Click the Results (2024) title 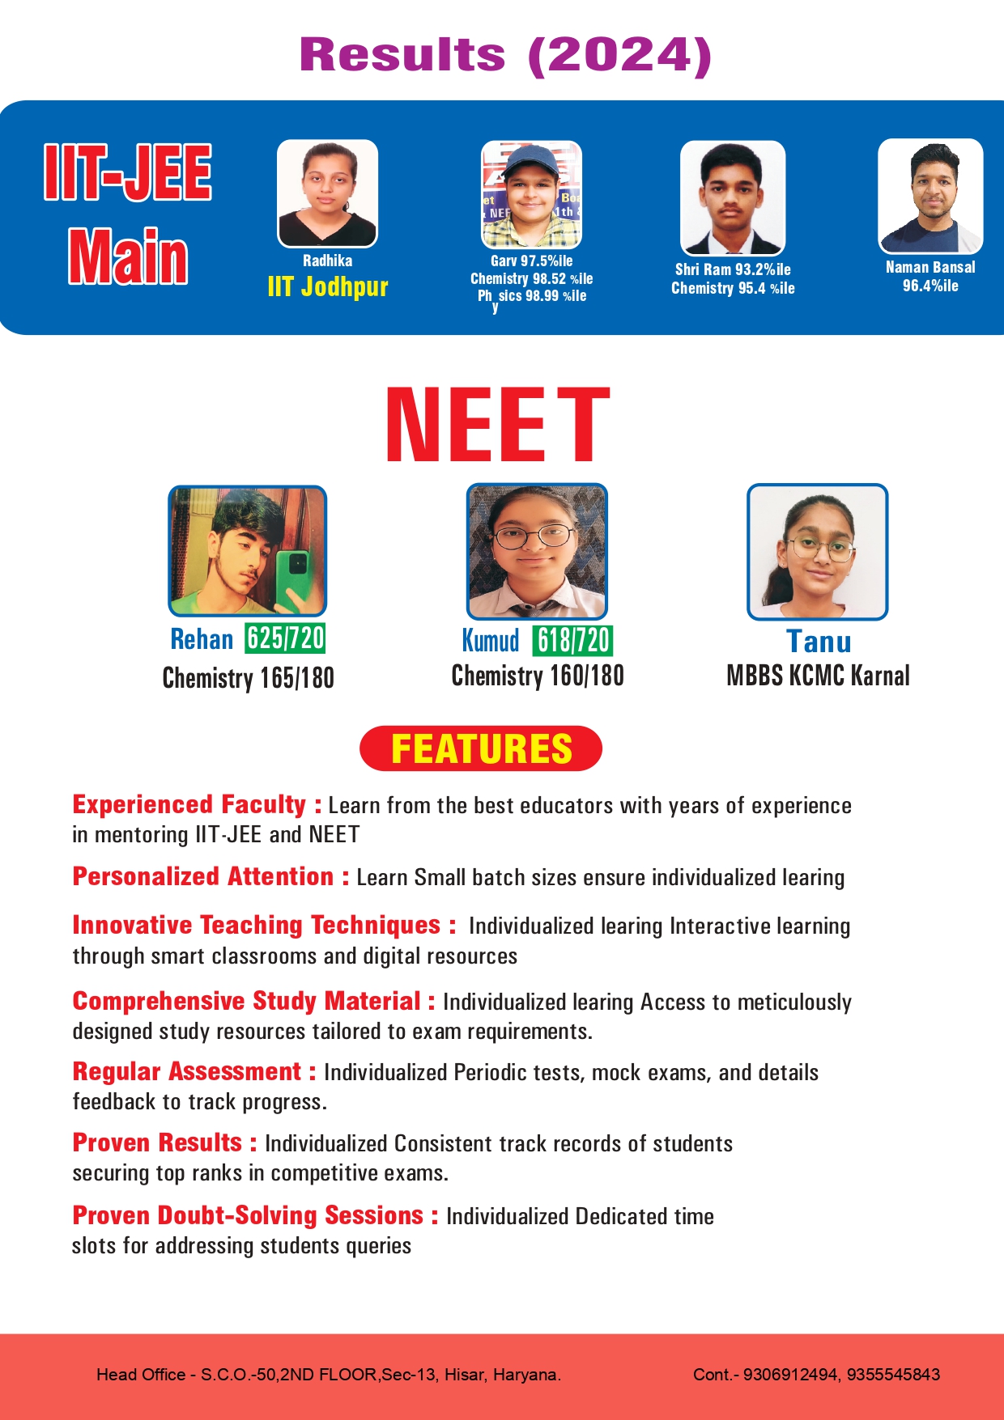coord(505,55)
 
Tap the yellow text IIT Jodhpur coord(328,286)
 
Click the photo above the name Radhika coord(327,193)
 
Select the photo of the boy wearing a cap coord(531,195)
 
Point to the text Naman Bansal coord(930,267)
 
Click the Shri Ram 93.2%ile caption coord(733,269)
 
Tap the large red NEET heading coord(497,426)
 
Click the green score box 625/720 coord(285,638)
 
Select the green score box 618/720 coord(572,641)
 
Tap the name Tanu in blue coord(819,642)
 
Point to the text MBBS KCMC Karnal coord(818,676)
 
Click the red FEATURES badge coord(481,748)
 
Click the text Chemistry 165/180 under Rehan coord(248,678)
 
